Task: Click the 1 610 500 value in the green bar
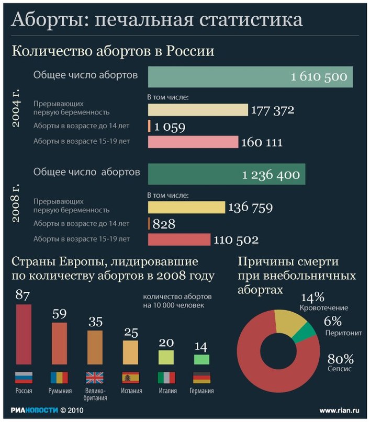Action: [x=319, y=77]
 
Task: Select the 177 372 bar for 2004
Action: [x=197, y=110]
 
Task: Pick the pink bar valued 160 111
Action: [x=193, y=142]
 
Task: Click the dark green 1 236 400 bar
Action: [x=227, y=175]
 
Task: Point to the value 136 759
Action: [x=250, y=208]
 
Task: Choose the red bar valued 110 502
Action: [x=179, y=239]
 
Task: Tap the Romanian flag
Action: [x=59, y=377]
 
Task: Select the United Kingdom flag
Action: [x=95, y=377]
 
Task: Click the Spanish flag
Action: [x=130, y=377]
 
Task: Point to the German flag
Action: [x=201, y=377]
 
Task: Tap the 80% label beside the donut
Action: [x=341, y=359]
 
